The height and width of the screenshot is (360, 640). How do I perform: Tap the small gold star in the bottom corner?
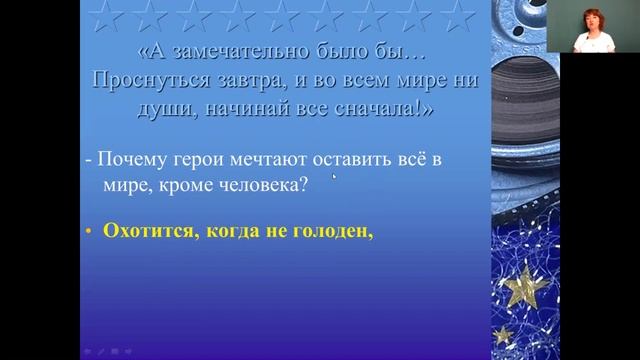pyautogui.click(x=503, y=335)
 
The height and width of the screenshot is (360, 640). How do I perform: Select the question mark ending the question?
pyautogui.click(x=331, y=182)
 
